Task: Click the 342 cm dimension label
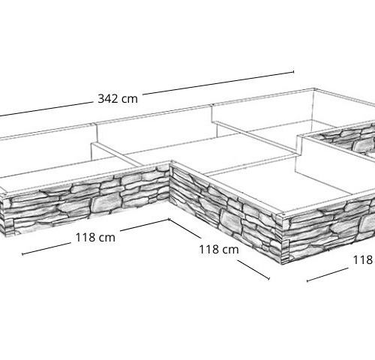118,99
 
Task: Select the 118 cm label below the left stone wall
95,237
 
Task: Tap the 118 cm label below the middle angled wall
219,250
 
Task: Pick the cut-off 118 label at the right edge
364,260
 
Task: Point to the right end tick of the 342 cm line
293,72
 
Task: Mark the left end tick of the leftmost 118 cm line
22,254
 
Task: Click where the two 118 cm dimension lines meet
169,220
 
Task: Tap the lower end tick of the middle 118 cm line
269,278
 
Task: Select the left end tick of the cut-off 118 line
307,280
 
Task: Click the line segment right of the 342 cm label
218,83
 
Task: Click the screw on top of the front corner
283,214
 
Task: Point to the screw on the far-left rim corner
4,193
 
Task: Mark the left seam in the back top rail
95,124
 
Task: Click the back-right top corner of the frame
314,88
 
